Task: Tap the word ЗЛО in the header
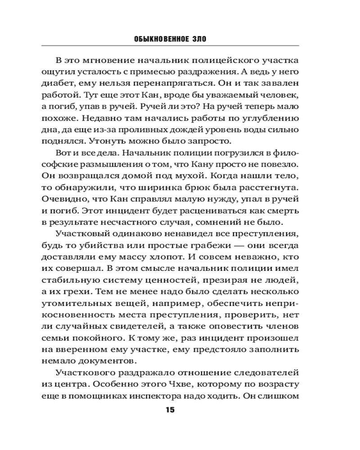point(198,39)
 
